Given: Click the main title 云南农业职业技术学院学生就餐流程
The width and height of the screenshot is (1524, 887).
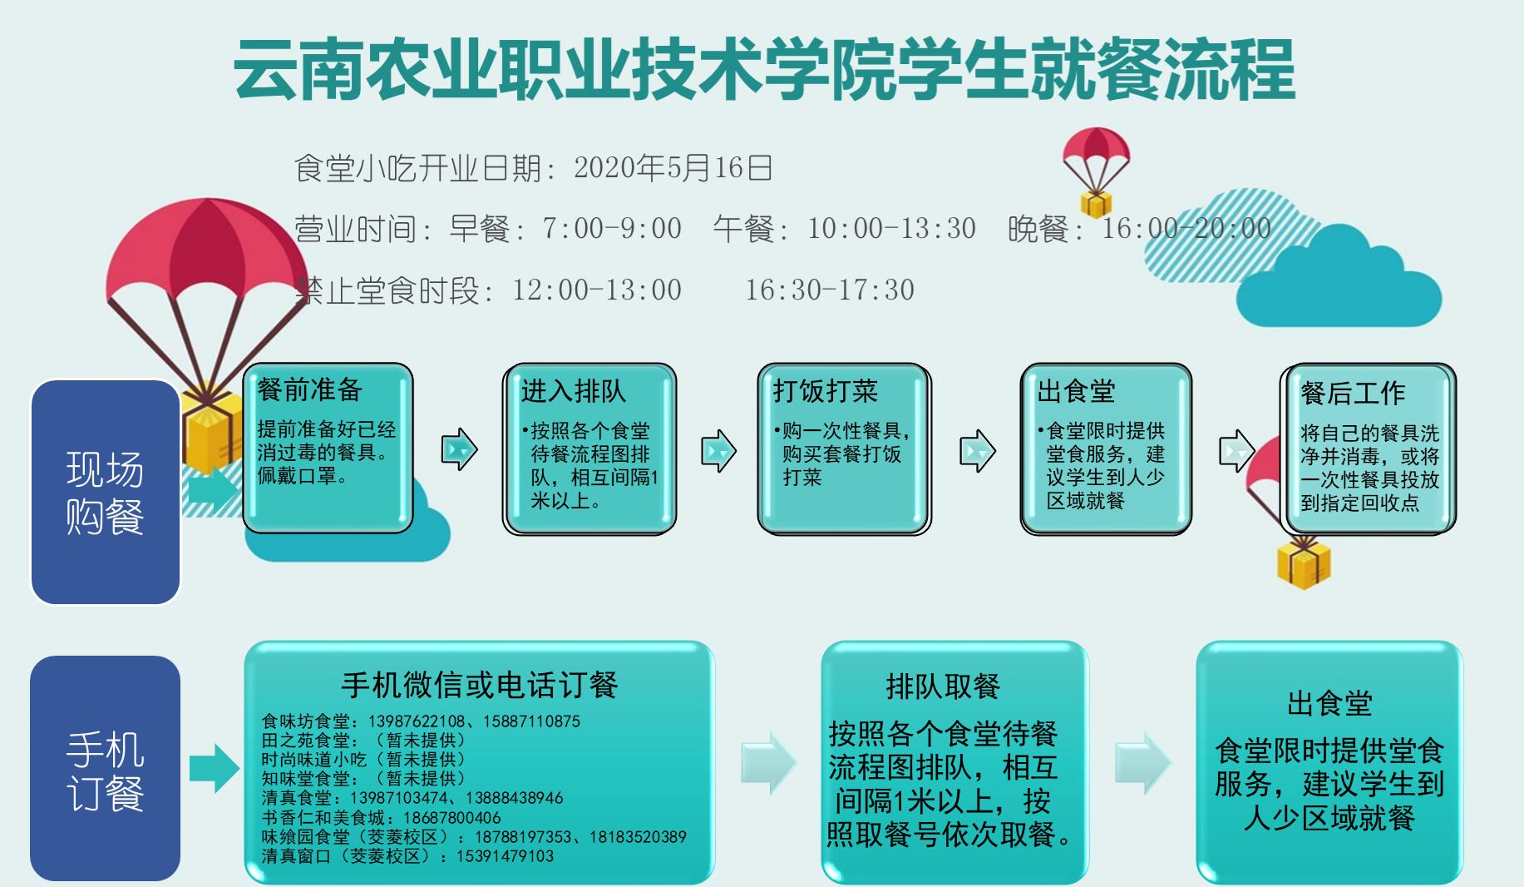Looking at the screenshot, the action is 764,70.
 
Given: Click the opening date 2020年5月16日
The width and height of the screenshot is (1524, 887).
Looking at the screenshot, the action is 673,168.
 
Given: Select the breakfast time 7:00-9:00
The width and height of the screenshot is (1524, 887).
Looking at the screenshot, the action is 612,228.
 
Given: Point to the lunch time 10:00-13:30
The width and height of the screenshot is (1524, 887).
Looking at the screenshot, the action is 891,228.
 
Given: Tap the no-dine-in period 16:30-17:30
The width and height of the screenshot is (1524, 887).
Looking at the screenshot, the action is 830,290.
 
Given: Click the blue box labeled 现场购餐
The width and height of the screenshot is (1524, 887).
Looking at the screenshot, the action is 106,492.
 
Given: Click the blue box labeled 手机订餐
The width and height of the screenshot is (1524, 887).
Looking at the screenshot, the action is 106,768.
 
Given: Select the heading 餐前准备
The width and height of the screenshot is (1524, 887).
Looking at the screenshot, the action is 309,389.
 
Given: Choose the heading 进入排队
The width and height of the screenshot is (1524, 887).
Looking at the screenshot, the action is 573,391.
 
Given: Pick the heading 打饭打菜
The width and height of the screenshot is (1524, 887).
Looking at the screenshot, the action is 826,391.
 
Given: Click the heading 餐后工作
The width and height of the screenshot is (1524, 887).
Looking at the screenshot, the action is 1353,393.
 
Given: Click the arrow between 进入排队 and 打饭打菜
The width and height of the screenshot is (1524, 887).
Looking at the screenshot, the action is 719,451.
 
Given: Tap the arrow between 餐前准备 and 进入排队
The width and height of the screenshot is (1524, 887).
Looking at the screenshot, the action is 460,450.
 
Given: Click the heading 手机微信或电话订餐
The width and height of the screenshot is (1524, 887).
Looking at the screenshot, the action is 480,685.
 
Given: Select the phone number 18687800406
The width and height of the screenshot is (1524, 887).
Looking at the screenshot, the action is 451,818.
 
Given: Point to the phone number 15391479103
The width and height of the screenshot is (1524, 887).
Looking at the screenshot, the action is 505,856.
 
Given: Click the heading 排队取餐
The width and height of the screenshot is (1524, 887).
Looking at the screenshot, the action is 943,686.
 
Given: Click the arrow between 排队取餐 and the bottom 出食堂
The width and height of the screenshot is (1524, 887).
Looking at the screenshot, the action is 1143,762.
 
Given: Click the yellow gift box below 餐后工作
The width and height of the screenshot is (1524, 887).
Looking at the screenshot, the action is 1304,563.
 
